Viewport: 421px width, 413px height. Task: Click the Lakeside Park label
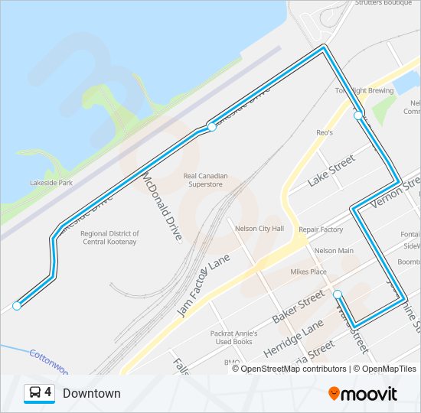coord(51,183)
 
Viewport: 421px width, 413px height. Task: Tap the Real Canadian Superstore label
coord(205,180)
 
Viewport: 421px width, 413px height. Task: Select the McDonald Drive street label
coord(162,206)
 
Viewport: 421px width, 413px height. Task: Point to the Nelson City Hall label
coord(259,229)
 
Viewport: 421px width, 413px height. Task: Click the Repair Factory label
coord(321,229)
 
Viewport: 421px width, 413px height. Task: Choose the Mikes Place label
coord(308,272)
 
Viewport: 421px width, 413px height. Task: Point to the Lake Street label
coord(331,171)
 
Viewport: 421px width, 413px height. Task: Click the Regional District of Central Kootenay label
coord(110,238)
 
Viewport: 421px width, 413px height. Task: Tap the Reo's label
coord(325,132)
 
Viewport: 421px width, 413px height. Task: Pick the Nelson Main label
coord(334,251)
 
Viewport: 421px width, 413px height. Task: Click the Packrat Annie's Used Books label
coord(233,338)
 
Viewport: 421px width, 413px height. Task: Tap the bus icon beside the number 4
coord(34,393)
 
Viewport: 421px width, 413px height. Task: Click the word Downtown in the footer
coord(92,393)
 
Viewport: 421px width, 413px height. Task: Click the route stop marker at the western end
coord(16,306)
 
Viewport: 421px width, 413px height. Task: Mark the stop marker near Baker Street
coord(338,294)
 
